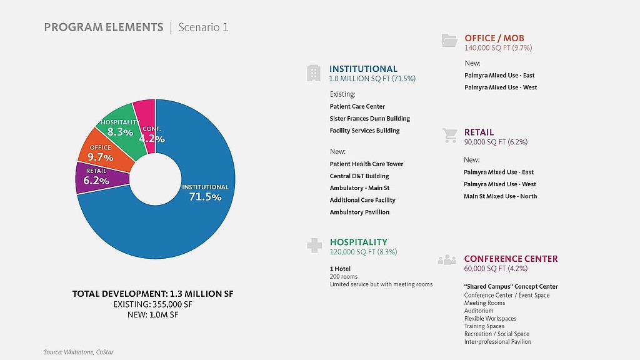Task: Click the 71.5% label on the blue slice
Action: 205,197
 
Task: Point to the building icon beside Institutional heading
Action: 314,73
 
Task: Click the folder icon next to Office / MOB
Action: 449,41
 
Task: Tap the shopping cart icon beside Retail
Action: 449,135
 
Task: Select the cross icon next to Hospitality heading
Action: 314,246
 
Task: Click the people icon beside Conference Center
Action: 447,260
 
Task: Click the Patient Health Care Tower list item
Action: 366,164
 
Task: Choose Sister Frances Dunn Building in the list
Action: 370,119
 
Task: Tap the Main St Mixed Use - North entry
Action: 500,196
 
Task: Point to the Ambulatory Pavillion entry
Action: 359,212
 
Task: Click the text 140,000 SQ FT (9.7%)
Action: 498,47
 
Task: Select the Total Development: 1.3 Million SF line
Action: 152,294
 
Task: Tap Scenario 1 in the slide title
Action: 203,27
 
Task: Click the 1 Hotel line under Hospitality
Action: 340,269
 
